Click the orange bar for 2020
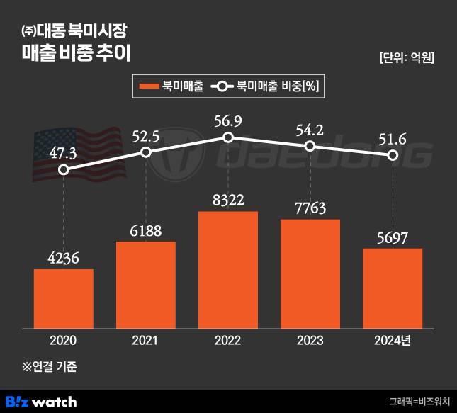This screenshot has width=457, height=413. (x=64, y=298)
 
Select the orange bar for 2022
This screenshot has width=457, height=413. (x=228, y=270)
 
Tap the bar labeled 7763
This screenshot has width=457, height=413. (x=310, y=273)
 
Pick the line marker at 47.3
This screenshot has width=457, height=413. (x=64, y=170)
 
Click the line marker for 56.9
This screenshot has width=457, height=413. (x=228, y=137)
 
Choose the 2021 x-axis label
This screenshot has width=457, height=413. (x=146, y=340)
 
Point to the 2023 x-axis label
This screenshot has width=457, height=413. (x=310, y=340)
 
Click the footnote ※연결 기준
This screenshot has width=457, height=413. (x=49, y=367)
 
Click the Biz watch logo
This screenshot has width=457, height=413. (x=41, y=401)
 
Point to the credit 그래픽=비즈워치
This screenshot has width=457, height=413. (x=419, y=402)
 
